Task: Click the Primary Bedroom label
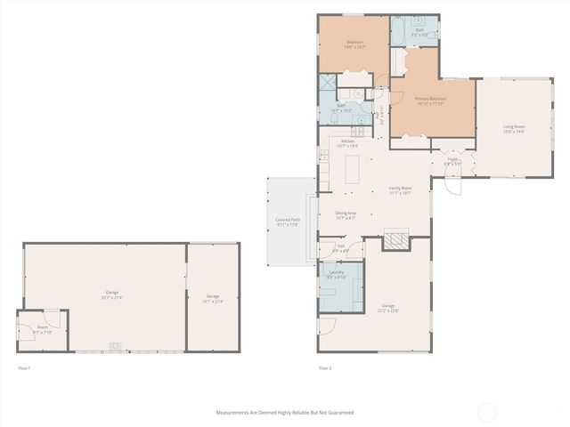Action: pos(430,101)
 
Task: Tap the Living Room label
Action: pos(514,129)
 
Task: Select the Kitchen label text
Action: pos(347,143)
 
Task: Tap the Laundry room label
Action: pos(337,274)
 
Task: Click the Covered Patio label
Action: pos(286,222)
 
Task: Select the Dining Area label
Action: pos(346,214)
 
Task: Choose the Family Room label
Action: pos(400,189)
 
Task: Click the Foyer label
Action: pos(452,161)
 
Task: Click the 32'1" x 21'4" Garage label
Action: pos(112,294)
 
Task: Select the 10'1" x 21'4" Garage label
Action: pos(213,298)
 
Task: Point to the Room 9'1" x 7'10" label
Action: pos(43,329)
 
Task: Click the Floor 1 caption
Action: pos(24,367)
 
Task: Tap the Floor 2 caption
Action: pos(325,367)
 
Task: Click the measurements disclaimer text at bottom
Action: pos(285,413)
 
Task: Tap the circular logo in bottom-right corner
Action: pos(487,412)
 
